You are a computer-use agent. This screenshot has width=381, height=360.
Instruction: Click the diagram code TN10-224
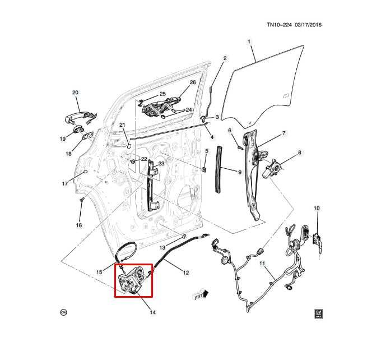click(x=279, y=25)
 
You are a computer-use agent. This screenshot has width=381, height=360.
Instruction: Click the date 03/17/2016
click(x=308, y=25)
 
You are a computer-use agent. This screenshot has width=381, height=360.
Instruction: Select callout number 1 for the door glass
click(x=249, y=42)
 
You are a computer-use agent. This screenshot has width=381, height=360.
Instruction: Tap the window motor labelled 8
click(x=272, y=169)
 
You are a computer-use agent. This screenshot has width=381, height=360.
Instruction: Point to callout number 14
click(x=152, y=312)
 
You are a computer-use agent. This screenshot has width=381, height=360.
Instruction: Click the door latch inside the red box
click(x=131, y=280)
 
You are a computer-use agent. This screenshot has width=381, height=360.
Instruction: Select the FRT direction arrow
click(x=201, y=295)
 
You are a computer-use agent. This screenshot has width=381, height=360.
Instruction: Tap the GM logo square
click(x=319, y=313)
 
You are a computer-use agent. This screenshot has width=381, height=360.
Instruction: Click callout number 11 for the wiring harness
click(x=262, y=264)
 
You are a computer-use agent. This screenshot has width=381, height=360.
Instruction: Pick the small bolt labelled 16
click(x=82, y=200)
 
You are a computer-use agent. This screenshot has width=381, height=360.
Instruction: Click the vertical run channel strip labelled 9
click(x=218, y=169)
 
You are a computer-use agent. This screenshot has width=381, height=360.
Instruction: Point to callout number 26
click(x=193, y=82)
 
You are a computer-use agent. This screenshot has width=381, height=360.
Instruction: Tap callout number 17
click(x=65, y=184)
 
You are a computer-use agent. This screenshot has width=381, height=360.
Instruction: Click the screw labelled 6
click(x=240, y=147)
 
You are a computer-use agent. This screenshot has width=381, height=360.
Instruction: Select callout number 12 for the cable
click(x=186, y=273)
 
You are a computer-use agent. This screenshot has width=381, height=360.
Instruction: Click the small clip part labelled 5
click(x=205, y=169)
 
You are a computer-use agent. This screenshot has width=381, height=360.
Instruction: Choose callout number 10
click(x=317, y=208)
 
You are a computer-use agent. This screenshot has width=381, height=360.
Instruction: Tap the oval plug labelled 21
click(x=129, y=146)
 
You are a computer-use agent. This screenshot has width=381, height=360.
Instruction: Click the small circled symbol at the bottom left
click(x=63, y=312)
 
